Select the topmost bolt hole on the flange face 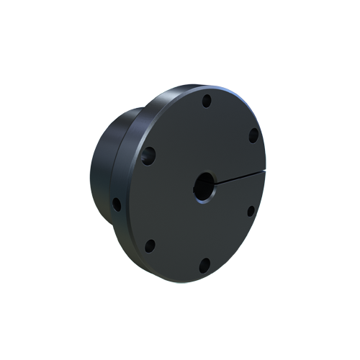coord(207,101)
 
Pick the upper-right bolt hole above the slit coord(253,135)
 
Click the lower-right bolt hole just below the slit coord(251,211)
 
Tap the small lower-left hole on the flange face coord(150,246)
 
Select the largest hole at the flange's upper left coord(148,155)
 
